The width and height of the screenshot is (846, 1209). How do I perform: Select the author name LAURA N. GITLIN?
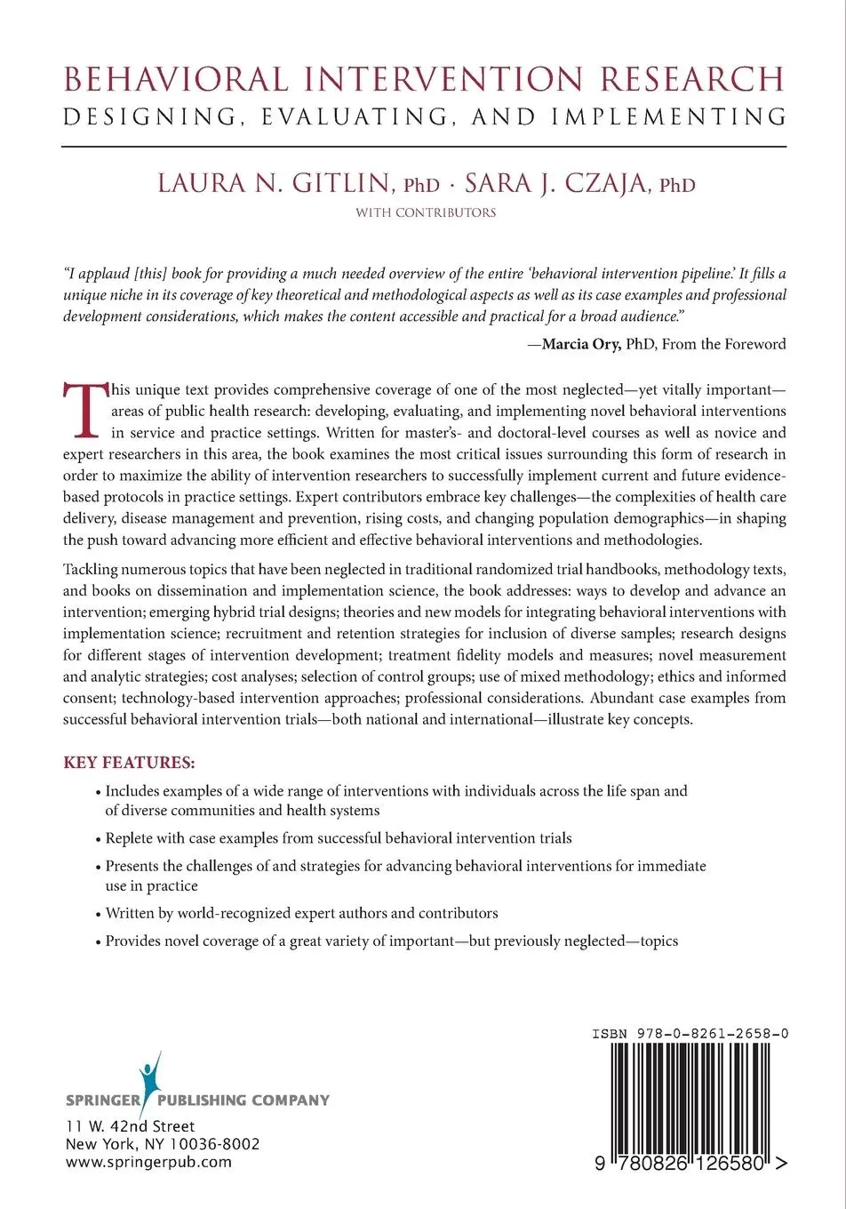tap(274, 183)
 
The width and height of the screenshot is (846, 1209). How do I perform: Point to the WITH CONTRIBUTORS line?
tap(426, 212)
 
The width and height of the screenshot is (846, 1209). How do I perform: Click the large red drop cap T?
tap(84, 410)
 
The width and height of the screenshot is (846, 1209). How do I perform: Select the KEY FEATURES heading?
tap(129, 763)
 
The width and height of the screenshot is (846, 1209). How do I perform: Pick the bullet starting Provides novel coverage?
tap(391, 941)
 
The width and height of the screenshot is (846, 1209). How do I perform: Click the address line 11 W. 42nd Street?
tap(131, 1126)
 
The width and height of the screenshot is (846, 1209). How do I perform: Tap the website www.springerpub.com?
tap(148, 1161)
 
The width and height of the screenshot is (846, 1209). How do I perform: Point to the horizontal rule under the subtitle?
tap(425, 146)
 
